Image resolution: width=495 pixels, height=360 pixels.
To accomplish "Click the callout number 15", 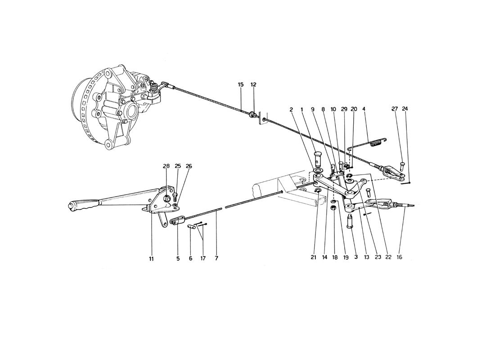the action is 241,85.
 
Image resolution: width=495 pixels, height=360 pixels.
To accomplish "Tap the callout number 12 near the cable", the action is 253,85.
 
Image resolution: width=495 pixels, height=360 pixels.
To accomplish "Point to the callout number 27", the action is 395,109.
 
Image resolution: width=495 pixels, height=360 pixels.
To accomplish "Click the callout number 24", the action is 405,109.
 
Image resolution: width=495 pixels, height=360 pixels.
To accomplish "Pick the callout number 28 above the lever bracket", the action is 166,166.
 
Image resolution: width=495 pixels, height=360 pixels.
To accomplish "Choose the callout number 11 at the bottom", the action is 151,259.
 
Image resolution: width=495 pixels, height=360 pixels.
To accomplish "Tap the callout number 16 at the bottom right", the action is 399,257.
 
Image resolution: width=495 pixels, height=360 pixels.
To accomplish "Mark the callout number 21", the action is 313,257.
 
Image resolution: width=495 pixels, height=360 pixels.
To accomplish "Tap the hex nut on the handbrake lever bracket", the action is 166,198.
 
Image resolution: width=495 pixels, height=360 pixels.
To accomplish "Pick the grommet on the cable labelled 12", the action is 253,115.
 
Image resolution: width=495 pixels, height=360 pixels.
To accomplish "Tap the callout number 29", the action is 344,109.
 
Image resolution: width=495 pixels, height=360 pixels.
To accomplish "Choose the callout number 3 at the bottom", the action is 356,257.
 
